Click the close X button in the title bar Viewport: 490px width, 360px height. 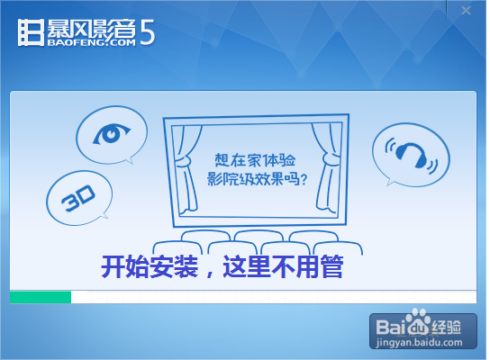point(466,11)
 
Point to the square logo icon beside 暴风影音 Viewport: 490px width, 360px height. point(29,31)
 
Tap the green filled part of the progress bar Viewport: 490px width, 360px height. point(41,297)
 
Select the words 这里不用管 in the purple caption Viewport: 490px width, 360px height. point(288,267)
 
